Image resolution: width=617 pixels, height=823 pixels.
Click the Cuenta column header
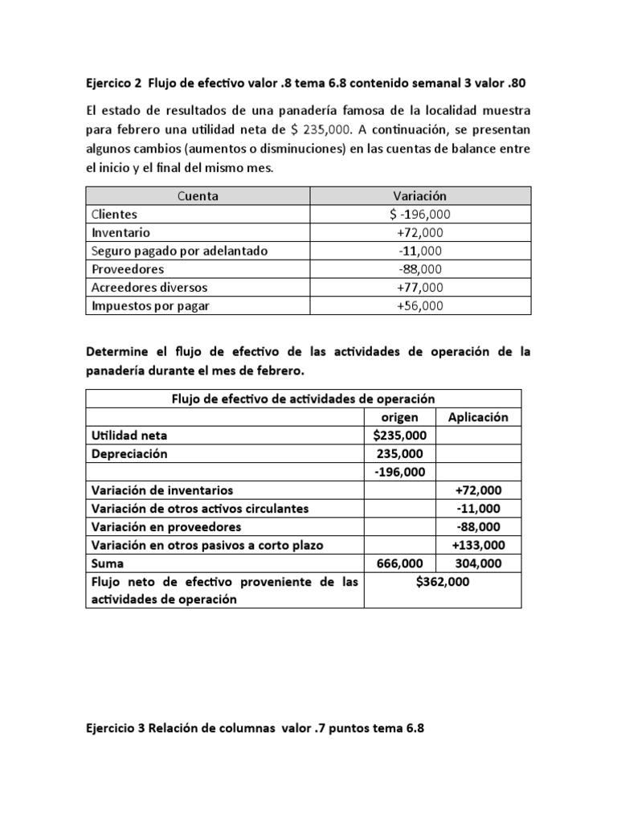pyautogui.click(x=198, y=196)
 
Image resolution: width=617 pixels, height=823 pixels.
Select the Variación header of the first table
pyautogui.click(x=420, y=196)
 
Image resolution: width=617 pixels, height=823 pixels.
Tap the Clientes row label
pyautogui.click(x=115, y=215)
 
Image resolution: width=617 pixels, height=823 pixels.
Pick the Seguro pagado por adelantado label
pyautogui.click(x=179, y=251)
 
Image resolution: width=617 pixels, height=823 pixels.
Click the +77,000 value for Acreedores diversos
pyautogui.click(x=420, y=287)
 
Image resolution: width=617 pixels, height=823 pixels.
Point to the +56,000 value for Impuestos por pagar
pyautogui.click(x=420, y=305)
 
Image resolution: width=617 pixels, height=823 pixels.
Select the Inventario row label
pyautogui.click(x=121, y=233)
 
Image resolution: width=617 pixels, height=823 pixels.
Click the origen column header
pyautogui.click(x=399, y=417)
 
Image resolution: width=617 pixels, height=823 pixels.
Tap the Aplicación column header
pyautogui.click(x=478, y=417)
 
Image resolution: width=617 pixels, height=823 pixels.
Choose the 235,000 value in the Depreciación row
pyautogui.click(x=399, y=453)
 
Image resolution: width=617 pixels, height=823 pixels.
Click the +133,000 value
pyautogui.click(x=477, y=545)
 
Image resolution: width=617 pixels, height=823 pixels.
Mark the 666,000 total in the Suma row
pyautogui.click(x=399, y=563)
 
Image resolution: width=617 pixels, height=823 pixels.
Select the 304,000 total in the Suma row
pyautogui.click(x=477, y=563)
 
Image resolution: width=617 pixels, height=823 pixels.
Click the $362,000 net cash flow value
pyautogui.click(x=442, y=582)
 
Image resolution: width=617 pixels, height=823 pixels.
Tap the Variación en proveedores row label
pyautogui.click(x=166, y=527)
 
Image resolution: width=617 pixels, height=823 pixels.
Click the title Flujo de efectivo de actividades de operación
pyautogui.click(x=303, y=399)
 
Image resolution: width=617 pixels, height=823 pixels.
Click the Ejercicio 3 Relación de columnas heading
pyautogui.click(x=254, y=729)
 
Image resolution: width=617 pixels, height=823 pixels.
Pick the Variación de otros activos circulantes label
pyautogui.click(x=200, y=509)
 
